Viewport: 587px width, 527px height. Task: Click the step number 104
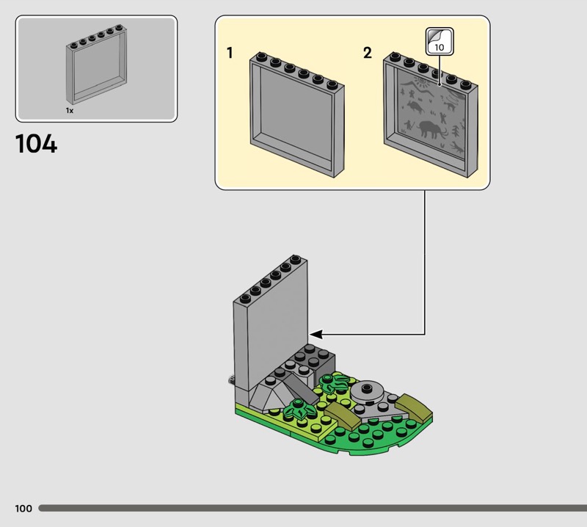[x=36, y=144]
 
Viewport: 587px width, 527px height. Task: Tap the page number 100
[x=23, y=508]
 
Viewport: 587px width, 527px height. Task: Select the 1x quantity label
[x=70, y=111]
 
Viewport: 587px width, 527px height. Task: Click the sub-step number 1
[x=230, y=53]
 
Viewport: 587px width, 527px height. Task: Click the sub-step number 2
[x=368, y=53]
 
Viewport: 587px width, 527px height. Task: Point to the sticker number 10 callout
[x=440, y=42]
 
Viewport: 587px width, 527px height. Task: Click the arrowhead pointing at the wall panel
[x=316, y=334]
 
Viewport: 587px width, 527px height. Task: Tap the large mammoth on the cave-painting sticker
[x=431, y=129]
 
